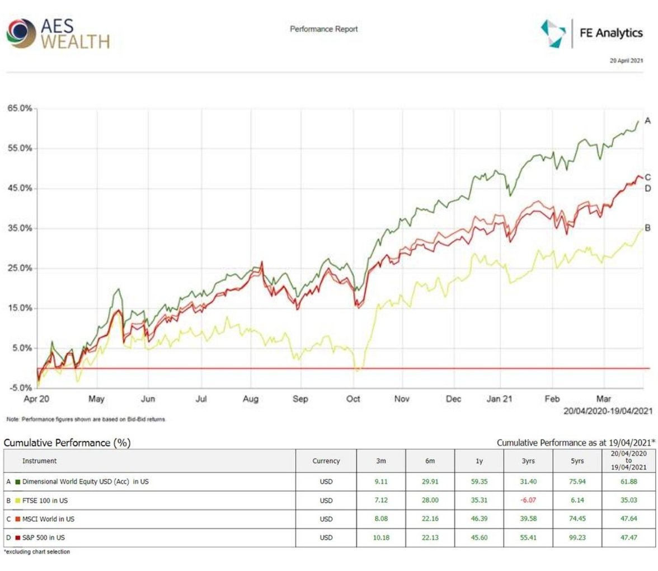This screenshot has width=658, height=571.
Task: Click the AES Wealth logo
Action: (x=58, y=33)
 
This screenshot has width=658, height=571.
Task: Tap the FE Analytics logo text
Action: (x=611, y=33)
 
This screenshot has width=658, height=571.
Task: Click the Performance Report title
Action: (x=323, y=29)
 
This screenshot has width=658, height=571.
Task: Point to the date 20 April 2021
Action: (x=626, y=60)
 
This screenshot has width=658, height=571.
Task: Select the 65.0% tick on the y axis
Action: (x=19, y=108)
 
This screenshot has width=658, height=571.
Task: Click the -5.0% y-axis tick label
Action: (x=19, y=387)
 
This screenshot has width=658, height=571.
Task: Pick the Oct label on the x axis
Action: (x=353, y=399)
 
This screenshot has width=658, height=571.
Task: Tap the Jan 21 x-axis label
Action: (x=499, y=399)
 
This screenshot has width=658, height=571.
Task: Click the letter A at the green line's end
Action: (x=647, y=120)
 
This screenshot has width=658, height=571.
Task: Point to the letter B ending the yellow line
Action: (x=647, y=228)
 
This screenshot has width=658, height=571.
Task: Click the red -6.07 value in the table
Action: (x=528, y=500)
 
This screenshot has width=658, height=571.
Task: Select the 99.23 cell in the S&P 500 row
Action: (x=577, y=537)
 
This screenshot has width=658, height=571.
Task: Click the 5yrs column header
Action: (x=577, y=461)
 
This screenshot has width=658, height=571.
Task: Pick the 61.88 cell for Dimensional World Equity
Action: (x=629, y=481)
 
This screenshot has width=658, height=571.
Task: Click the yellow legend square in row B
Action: (x=18, y=500)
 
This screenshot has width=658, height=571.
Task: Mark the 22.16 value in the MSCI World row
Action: (x=430, y=519)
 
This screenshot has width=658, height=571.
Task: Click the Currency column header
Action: (x=326, y=461)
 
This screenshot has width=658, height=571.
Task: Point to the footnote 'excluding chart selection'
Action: (x=37, y=552)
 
